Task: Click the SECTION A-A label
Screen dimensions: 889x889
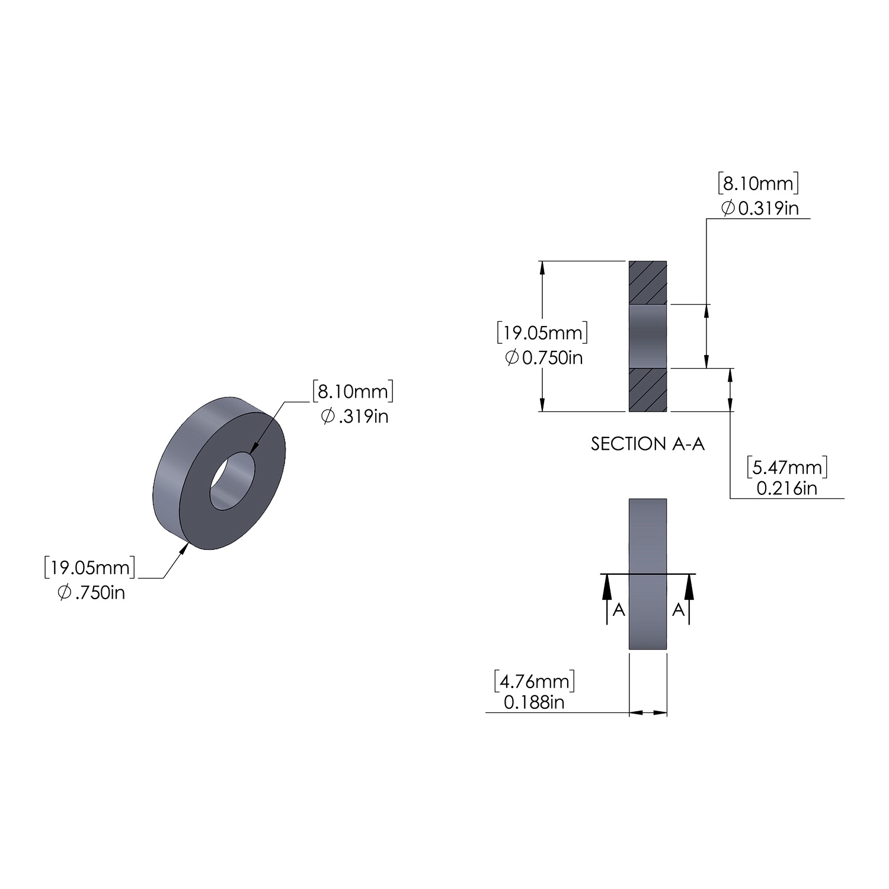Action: [647, 444]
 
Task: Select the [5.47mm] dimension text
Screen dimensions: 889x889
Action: [786, 468]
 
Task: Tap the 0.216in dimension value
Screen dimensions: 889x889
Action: [786, 488]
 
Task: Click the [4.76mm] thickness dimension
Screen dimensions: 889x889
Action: [534, 682]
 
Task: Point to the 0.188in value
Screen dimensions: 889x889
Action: [534, 702]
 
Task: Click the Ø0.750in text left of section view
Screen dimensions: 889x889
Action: [543, 357]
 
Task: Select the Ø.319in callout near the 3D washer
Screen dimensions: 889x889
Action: [354, 417]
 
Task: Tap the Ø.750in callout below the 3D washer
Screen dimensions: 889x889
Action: [91, 592]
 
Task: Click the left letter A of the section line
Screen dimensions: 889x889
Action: [618, 610]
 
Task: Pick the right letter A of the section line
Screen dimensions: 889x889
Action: [678, 610]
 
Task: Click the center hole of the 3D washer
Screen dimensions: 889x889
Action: [232, 481]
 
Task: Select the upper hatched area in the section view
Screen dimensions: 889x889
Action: [647, 282]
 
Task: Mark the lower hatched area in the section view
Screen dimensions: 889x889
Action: [647, 390]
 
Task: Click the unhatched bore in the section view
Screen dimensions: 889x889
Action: [647, 336]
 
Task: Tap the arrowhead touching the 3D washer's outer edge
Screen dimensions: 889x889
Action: [184, 548]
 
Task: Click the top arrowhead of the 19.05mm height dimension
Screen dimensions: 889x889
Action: [542, 268]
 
